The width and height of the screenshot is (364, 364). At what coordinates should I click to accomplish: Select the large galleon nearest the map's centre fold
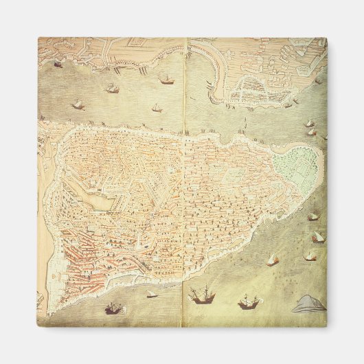click(x=202, y=295)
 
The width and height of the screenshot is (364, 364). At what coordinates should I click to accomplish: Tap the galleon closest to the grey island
click(x=249, y=302)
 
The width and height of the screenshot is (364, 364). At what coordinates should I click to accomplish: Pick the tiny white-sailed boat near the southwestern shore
click(x=152, y=295)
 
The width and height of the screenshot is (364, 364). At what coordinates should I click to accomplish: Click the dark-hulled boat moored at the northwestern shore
click(x=58, y=64)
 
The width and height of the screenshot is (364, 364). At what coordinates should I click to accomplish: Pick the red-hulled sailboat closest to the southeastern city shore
click(x=273, y=260)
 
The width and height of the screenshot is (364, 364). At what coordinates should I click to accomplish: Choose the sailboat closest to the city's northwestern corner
click(x=78, y=104)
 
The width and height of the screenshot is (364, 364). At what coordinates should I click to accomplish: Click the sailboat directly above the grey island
click(x=310, y=256)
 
